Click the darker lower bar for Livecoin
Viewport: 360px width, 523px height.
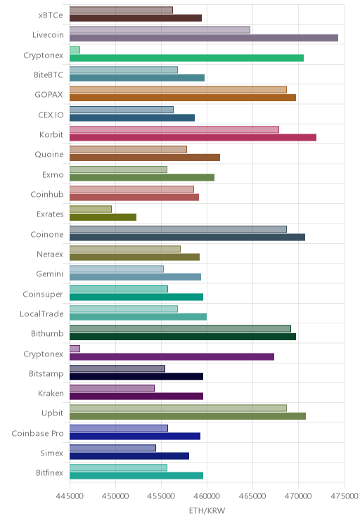coord(204,38)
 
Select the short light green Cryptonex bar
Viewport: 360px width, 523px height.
coord(75,50)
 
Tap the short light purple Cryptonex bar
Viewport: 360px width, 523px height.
coord(75,349)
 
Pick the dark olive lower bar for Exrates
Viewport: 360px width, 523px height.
coord(103,217)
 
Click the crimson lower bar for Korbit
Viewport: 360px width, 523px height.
coord(193,137)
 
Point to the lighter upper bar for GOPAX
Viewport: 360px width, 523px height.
coord(178,90)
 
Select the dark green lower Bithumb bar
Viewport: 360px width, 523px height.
coord(183,337)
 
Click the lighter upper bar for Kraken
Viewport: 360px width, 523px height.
coord(112,388)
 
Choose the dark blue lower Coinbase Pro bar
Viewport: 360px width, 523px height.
coord(135,436)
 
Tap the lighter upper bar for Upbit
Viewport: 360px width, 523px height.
coord(178,408)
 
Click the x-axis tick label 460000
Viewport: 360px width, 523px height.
coord(207,496)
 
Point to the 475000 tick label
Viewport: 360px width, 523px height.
coord(345,496)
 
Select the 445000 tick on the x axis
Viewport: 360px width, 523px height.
coord(70,496)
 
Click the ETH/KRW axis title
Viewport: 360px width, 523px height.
coord(207,510)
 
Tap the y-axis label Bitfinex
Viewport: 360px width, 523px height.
coord(49,472)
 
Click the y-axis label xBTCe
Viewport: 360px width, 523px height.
coord(51,15)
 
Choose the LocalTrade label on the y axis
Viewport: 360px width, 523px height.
coord(41,314)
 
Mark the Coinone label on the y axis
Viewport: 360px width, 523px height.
coord(46,235)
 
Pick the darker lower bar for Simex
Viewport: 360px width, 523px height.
coord(129,456)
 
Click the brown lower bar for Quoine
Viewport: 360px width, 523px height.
coord(145,157)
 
